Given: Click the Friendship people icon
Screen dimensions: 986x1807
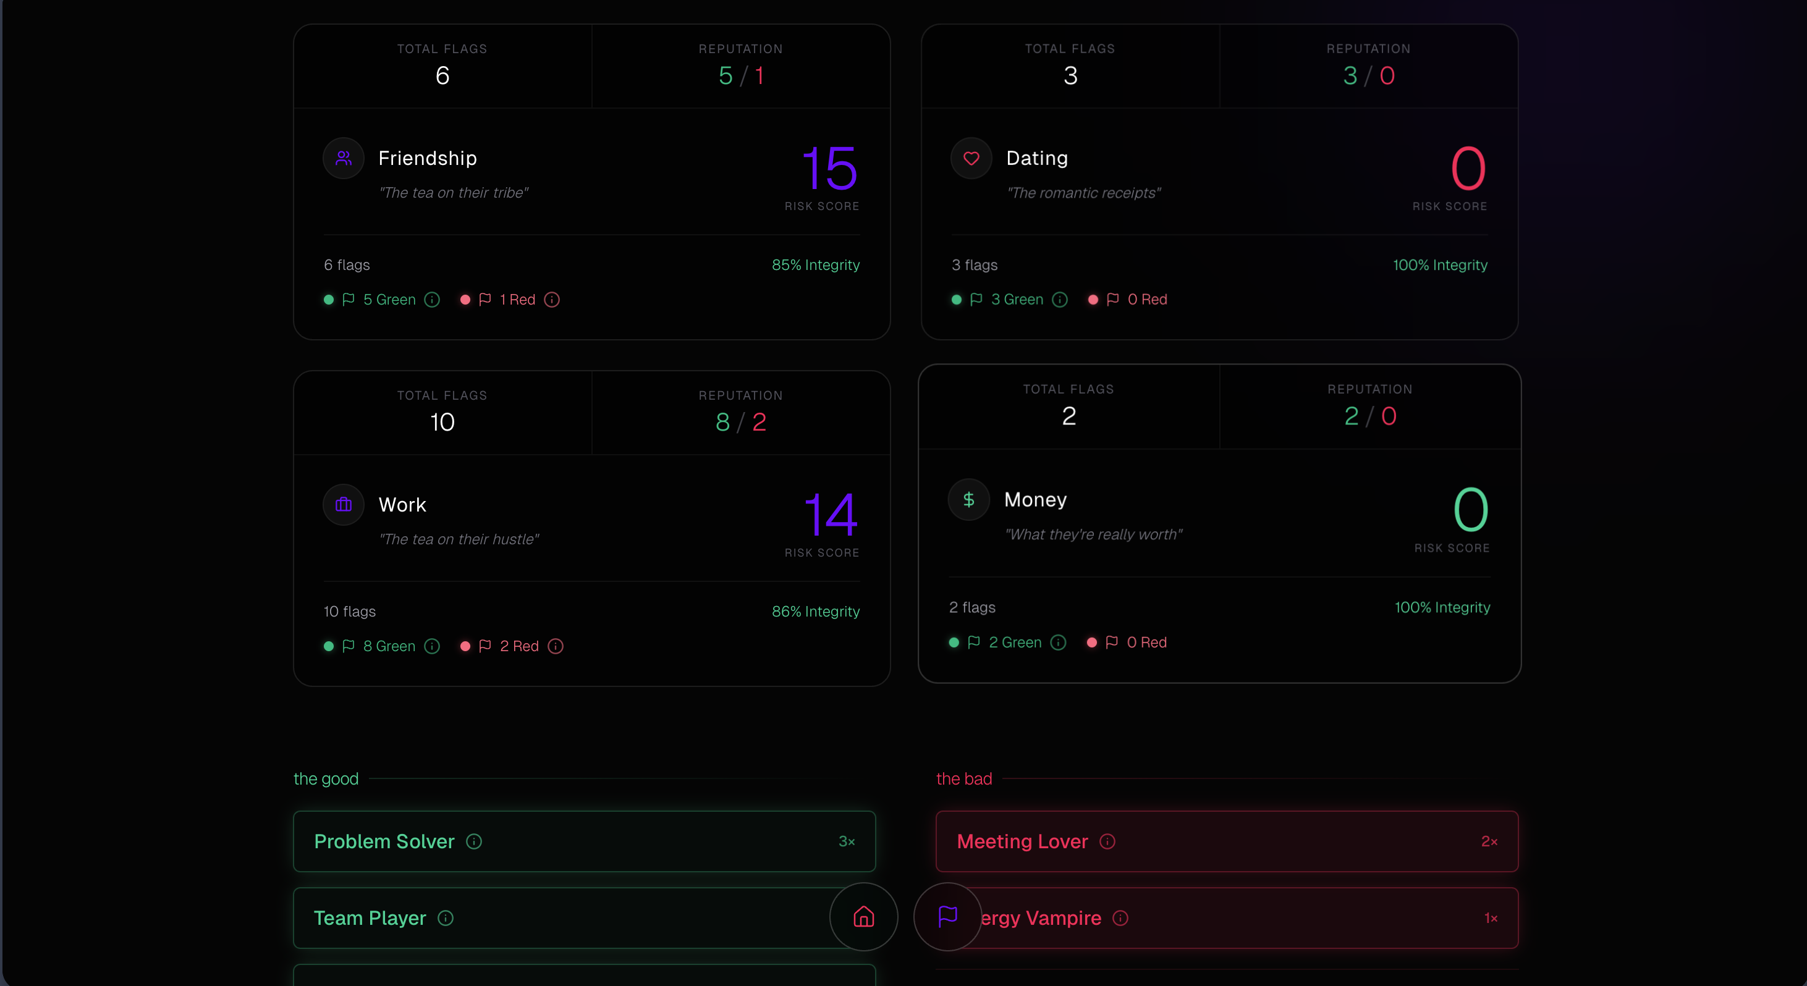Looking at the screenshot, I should pyautogui.click(x=343, y=159).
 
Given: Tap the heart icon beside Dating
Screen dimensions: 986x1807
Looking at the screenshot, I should pyautogui.click(x=971, y=159).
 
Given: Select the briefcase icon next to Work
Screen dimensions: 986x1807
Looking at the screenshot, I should pyautogui.click(x=343, y=505).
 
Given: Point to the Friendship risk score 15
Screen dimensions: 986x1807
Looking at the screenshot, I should pyautogui.click(x=829, y=169).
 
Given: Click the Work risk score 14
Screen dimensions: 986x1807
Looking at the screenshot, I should pyautogui.click(x=831, y=515).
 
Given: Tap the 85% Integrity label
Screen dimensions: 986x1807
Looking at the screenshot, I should pyautogui.click(x=815, y=265).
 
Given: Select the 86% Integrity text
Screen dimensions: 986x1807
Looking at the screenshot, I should pyautogui.click(x=815, y=612).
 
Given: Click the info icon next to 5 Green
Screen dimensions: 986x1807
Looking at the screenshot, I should pyautogui.click(x=432, y=300).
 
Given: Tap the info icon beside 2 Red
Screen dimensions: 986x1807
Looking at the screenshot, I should pyautogui.click(x=556, y=647).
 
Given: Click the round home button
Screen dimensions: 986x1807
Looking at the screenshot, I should pyautogui.click(x=863, y=917).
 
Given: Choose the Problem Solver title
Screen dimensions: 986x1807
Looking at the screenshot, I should pyautogui.click(x=384, y=841).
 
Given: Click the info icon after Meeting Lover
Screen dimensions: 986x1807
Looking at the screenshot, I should pyautogui.click(x=1107, y=841).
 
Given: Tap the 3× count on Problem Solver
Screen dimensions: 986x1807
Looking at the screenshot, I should pyautogui.click(x=847, y=841).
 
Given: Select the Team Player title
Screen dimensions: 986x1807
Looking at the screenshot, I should pyautogui.click(x=370, y=918).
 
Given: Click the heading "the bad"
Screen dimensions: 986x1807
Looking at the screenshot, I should pyautogui.click(x=964, y=779).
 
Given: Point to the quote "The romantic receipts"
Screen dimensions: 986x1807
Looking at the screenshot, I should pyautogui.click(x=1083, y=193).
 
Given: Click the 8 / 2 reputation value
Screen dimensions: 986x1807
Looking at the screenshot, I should pyautogui.click(x=741, y=422).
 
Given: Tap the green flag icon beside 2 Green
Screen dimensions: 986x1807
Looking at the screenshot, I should pyautogui.click(x=974, y=643).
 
